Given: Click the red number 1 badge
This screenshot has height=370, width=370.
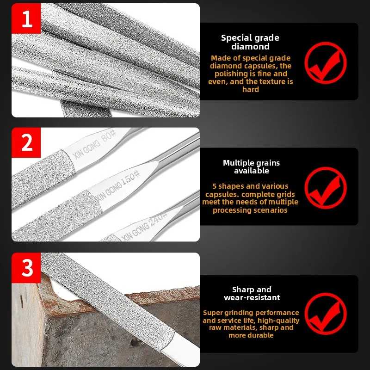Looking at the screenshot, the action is tap(26, 18).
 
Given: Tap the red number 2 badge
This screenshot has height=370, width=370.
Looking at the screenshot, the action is tap(26, 142).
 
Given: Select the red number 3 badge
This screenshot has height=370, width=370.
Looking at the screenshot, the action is tap(26, 268).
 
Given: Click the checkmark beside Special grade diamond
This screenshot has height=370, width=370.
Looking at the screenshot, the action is tap(326, 63).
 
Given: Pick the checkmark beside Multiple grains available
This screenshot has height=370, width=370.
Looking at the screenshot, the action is tap(326, 188).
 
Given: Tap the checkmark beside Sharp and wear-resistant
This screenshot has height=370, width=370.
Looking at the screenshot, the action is tap(326, 314).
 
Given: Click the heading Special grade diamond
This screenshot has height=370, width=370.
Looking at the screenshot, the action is tap(250, 42).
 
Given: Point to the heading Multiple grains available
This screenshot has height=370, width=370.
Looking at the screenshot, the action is tap(251, 166).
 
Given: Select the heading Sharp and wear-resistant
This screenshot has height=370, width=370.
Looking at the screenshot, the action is tap(252, 293).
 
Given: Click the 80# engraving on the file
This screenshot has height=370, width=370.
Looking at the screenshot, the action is tap(108, 136).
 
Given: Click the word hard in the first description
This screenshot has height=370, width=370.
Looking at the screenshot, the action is tap(251, 89).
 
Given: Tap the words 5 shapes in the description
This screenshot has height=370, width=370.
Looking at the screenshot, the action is tap(227, 186).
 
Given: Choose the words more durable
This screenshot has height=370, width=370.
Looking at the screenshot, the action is tap(251, 335).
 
